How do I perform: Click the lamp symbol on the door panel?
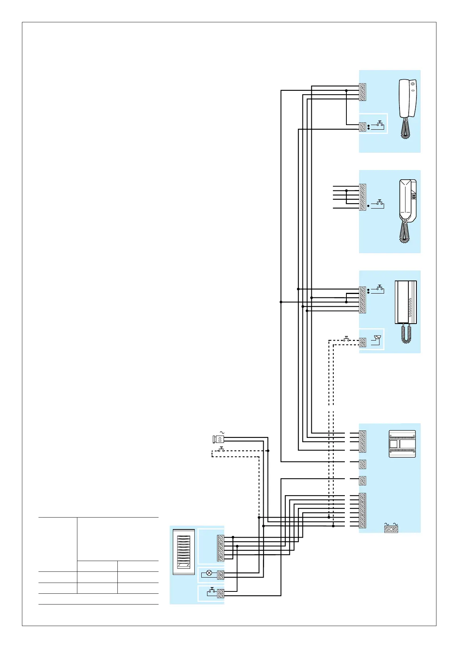[x=209, y=573]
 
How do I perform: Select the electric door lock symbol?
[x=218, y=439]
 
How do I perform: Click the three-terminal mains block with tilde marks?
[x=391, y=529]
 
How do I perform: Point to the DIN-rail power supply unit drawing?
[x=402, y=444]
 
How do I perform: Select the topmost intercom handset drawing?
[x=408, y=99]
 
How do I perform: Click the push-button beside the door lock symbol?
[x=222, y=449]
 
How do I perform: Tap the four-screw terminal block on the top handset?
[x=362, y=92]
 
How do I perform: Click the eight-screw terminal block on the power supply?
[x=362, y=511]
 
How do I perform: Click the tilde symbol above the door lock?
[x=222, y=433]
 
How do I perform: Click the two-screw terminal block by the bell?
[x=362, y=342]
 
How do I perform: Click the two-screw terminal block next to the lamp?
[x=221, y=575]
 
